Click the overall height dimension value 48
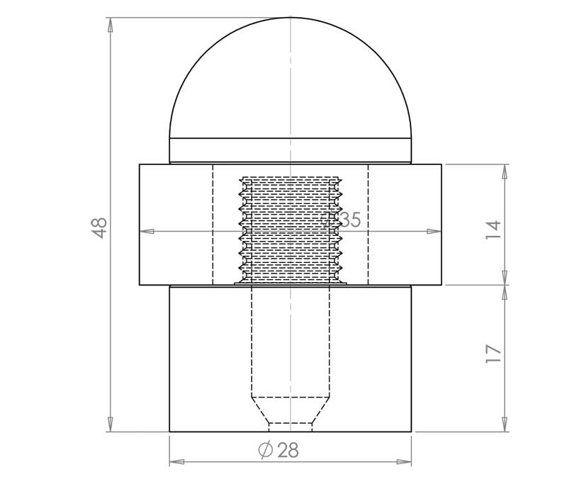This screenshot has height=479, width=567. click(99, 227)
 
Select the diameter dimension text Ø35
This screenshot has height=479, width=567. click(341, 220)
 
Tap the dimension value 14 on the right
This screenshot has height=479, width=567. click(493, 230)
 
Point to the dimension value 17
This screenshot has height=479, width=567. click(493, 354)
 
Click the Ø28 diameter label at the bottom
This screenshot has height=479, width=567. click(279, 450)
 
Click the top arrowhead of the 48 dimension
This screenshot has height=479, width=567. click(111, 26)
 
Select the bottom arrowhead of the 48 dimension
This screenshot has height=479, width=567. click(111, 424)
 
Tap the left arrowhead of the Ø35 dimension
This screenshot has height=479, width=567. click(147, 232)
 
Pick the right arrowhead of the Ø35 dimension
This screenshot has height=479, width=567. click(434, 232)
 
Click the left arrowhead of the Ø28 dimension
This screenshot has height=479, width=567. click(176, 462)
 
